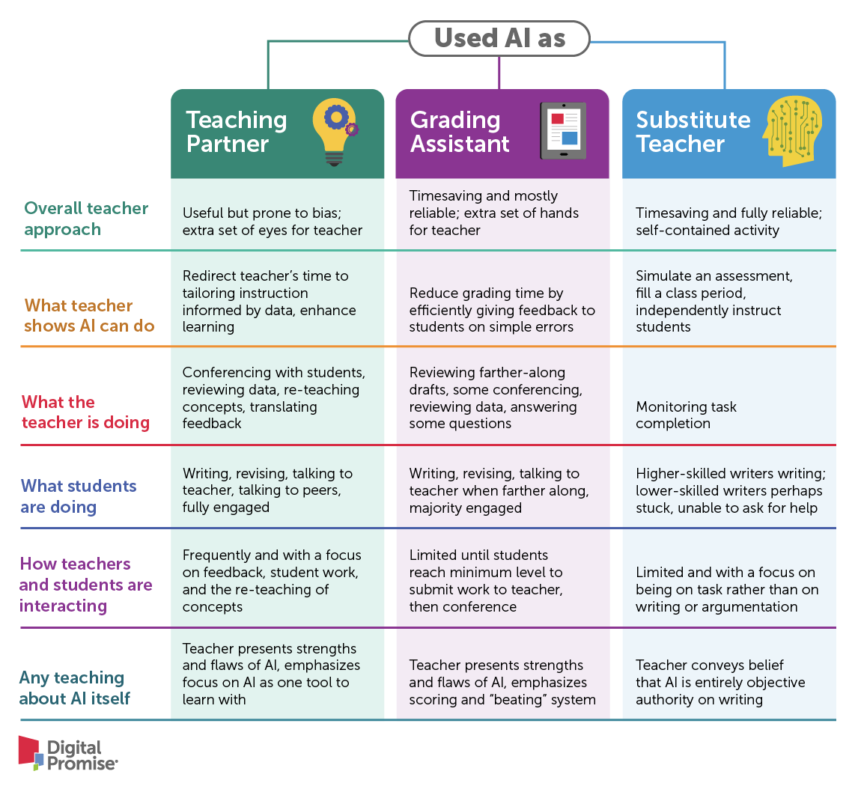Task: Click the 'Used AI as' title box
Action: (x=499, y=38)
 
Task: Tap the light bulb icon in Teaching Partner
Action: (x=335, y=132)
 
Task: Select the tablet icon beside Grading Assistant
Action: (x=563, y=131)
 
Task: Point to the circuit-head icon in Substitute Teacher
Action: (x=792, y=131)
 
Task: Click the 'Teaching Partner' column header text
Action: (x=236, y=132)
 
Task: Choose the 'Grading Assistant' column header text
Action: (x=460, y=132)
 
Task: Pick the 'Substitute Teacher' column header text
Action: (x=693, y=132)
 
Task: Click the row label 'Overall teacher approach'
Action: (x=86, y=219)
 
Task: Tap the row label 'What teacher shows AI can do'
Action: (x=89, y=316)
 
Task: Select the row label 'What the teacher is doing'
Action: (x=85, y=412)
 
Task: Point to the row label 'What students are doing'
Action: (x=79, y=496)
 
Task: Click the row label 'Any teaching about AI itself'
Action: (x=74, y=688)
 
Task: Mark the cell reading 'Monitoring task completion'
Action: (x=686, y=415)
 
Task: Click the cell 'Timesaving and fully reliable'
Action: (x=728, y=221)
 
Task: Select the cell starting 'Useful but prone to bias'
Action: (x=273, y=221)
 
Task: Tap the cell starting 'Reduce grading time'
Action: (x=502, y=310)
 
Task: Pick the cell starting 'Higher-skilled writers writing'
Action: (x=730, y=491)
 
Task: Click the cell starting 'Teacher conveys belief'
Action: (x=720, y=682)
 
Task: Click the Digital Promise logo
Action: (x=68, y=754)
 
